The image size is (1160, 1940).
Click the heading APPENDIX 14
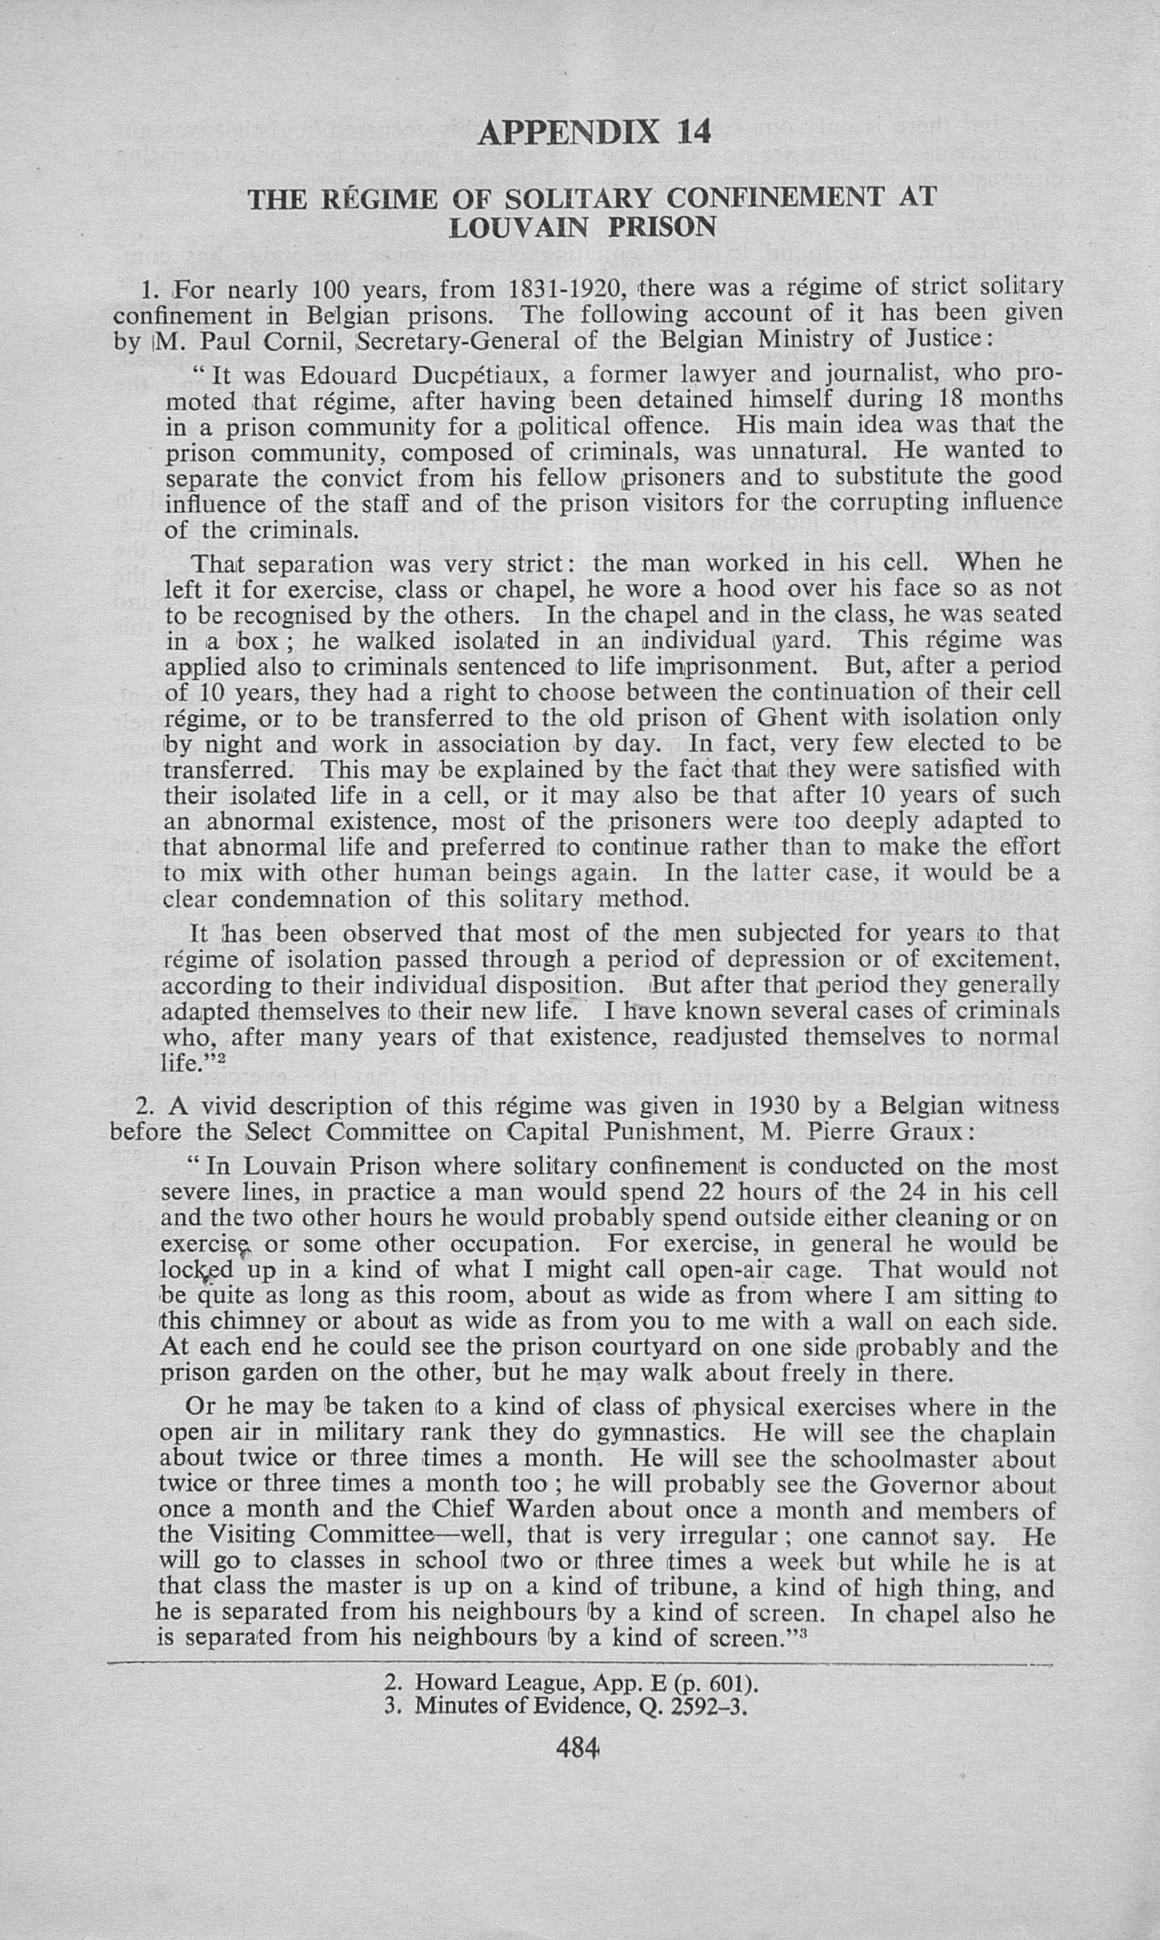click(594, 133)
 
